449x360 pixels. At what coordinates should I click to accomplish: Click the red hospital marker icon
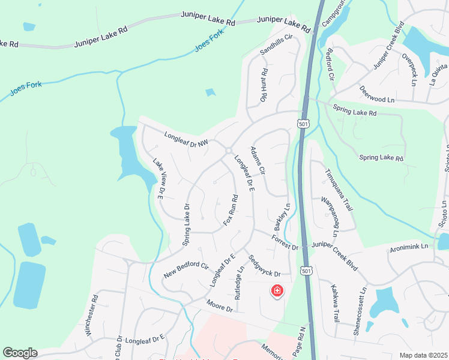coord(277,291)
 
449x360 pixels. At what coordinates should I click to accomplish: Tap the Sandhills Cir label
coord(276,45)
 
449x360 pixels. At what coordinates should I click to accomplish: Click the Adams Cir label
coord(258,161)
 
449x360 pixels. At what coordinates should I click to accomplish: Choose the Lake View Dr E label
coord(158,178)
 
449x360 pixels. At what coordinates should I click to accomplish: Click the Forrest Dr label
coord(285,242)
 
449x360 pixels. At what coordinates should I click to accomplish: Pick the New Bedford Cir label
coord(185,271)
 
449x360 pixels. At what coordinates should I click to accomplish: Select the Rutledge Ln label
coord(239,283)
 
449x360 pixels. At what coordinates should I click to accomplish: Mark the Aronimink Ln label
coord(408,247)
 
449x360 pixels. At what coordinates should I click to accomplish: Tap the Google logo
coord(20,353)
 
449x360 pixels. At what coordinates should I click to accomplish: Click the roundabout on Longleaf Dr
coord(229,151)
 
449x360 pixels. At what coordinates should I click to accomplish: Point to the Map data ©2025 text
coord(422,355)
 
